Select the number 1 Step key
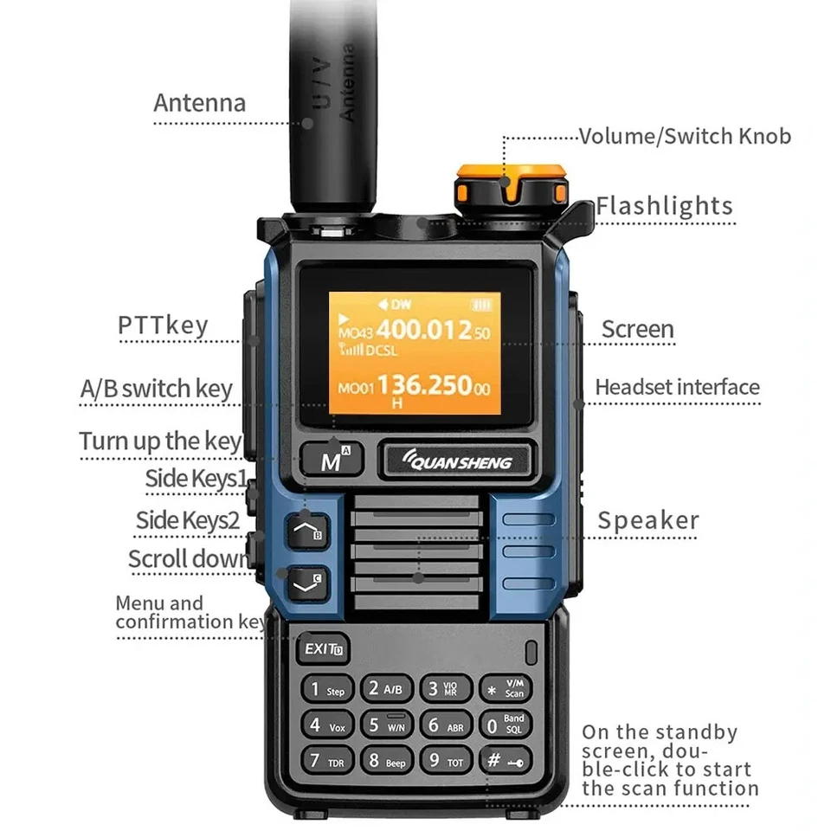pos(326,690)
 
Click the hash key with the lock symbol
pos(505,761)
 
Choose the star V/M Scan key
pos(505,690)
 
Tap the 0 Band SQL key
pos(505,725)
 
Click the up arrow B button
pos(305,529)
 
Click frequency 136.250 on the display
pos(424,385)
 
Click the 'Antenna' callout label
pos(199,103)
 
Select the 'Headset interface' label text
pos(677,387)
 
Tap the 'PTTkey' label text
pos(163,325)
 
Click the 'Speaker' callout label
pos(647,520)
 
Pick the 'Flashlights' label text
pos(664,206)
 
